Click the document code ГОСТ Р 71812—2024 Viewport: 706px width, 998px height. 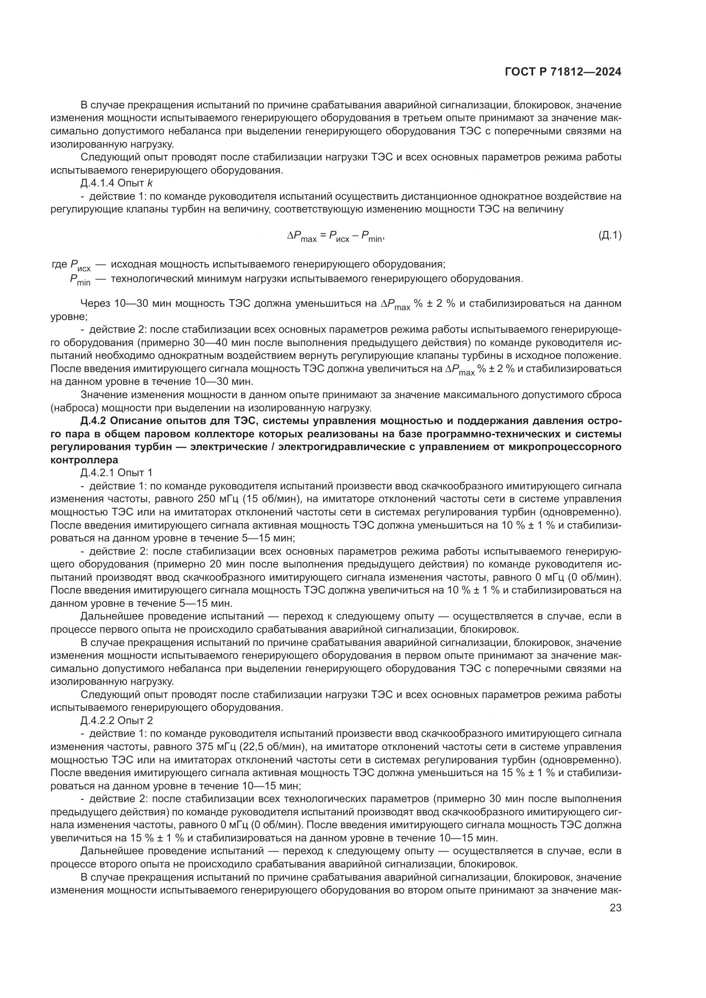click(x=563, y=72)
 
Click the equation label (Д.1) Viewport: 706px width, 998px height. click(x=610, y=236)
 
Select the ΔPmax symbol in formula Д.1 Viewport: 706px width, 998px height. click(x=302, y=236)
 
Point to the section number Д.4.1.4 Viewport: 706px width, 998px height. click(x=98, y=183)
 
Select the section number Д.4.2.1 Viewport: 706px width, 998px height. click(x=98, y=472)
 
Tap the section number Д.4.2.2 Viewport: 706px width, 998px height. click(x=98, y=720)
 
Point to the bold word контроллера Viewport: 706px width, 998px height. click(x=85, y=460)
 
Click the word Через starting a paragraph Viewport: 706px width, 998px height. click(x=96, y=303)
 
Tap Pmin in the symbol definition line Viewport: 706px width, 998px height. click(x=80, y=279)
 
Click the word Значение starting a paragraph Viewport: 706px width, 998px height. click(x=102, y=395)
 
